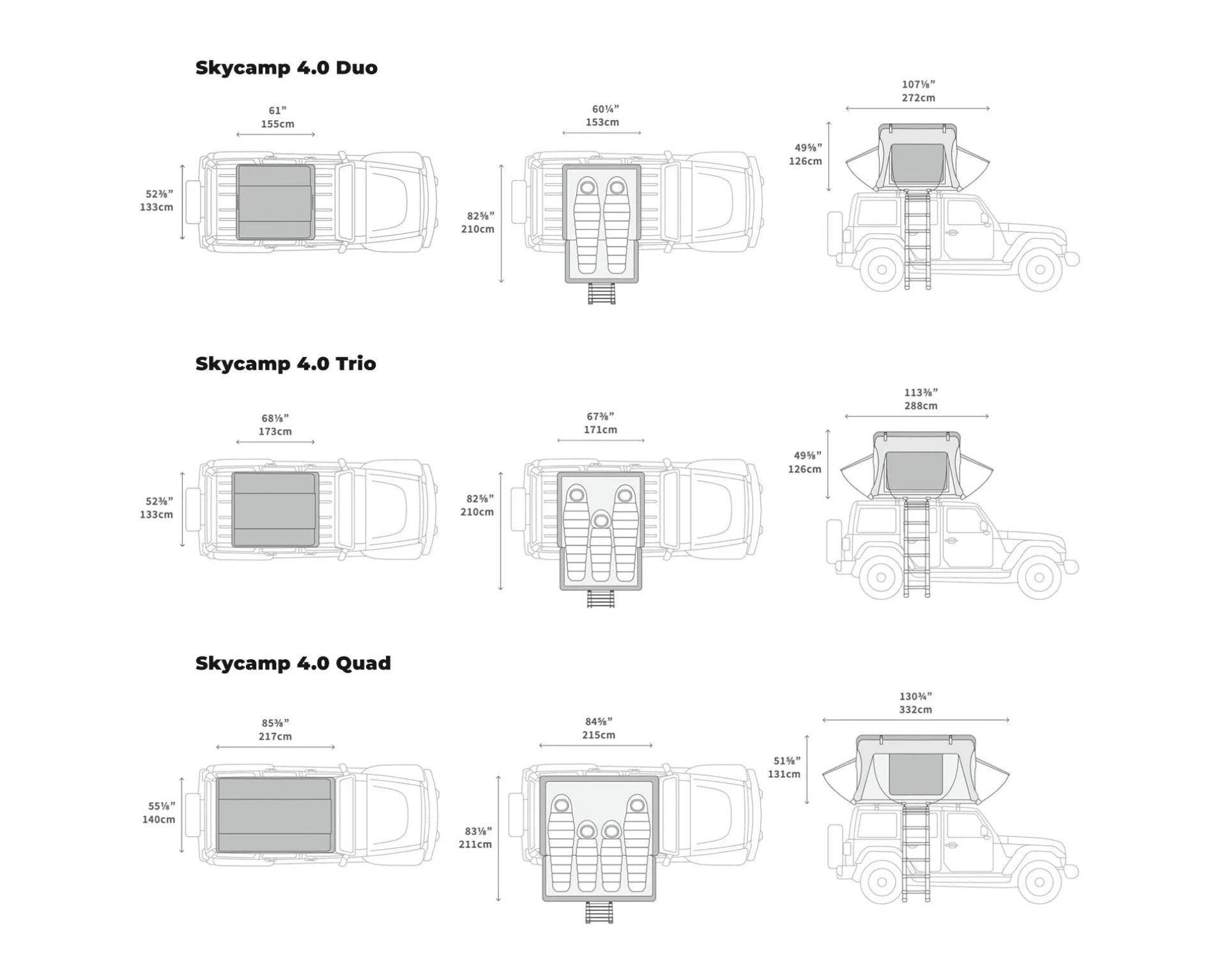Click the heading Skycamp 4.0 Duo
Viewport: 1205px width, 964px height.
pos(286,68)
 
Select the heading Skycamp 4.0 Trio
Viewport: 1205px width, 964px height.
pos(286,363)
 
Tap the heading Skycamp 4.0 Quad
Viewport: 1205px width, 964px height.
pos(293,663)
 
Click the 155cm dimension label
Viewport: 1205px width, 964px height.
pos(277,124)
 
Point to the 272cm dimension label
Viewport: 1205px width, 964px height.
pos(918,98)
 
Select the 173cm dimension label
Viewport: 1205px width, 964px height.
pos(275,431)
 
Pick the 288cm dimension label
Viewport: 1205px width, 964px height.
pos(921,406)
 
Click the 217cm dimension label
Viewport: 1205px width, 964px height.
pos(275,737)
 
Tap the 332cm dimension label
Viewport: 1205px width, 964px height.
pos(915,710)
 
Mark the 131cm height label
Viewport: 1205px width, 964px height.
pos(784,774)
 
